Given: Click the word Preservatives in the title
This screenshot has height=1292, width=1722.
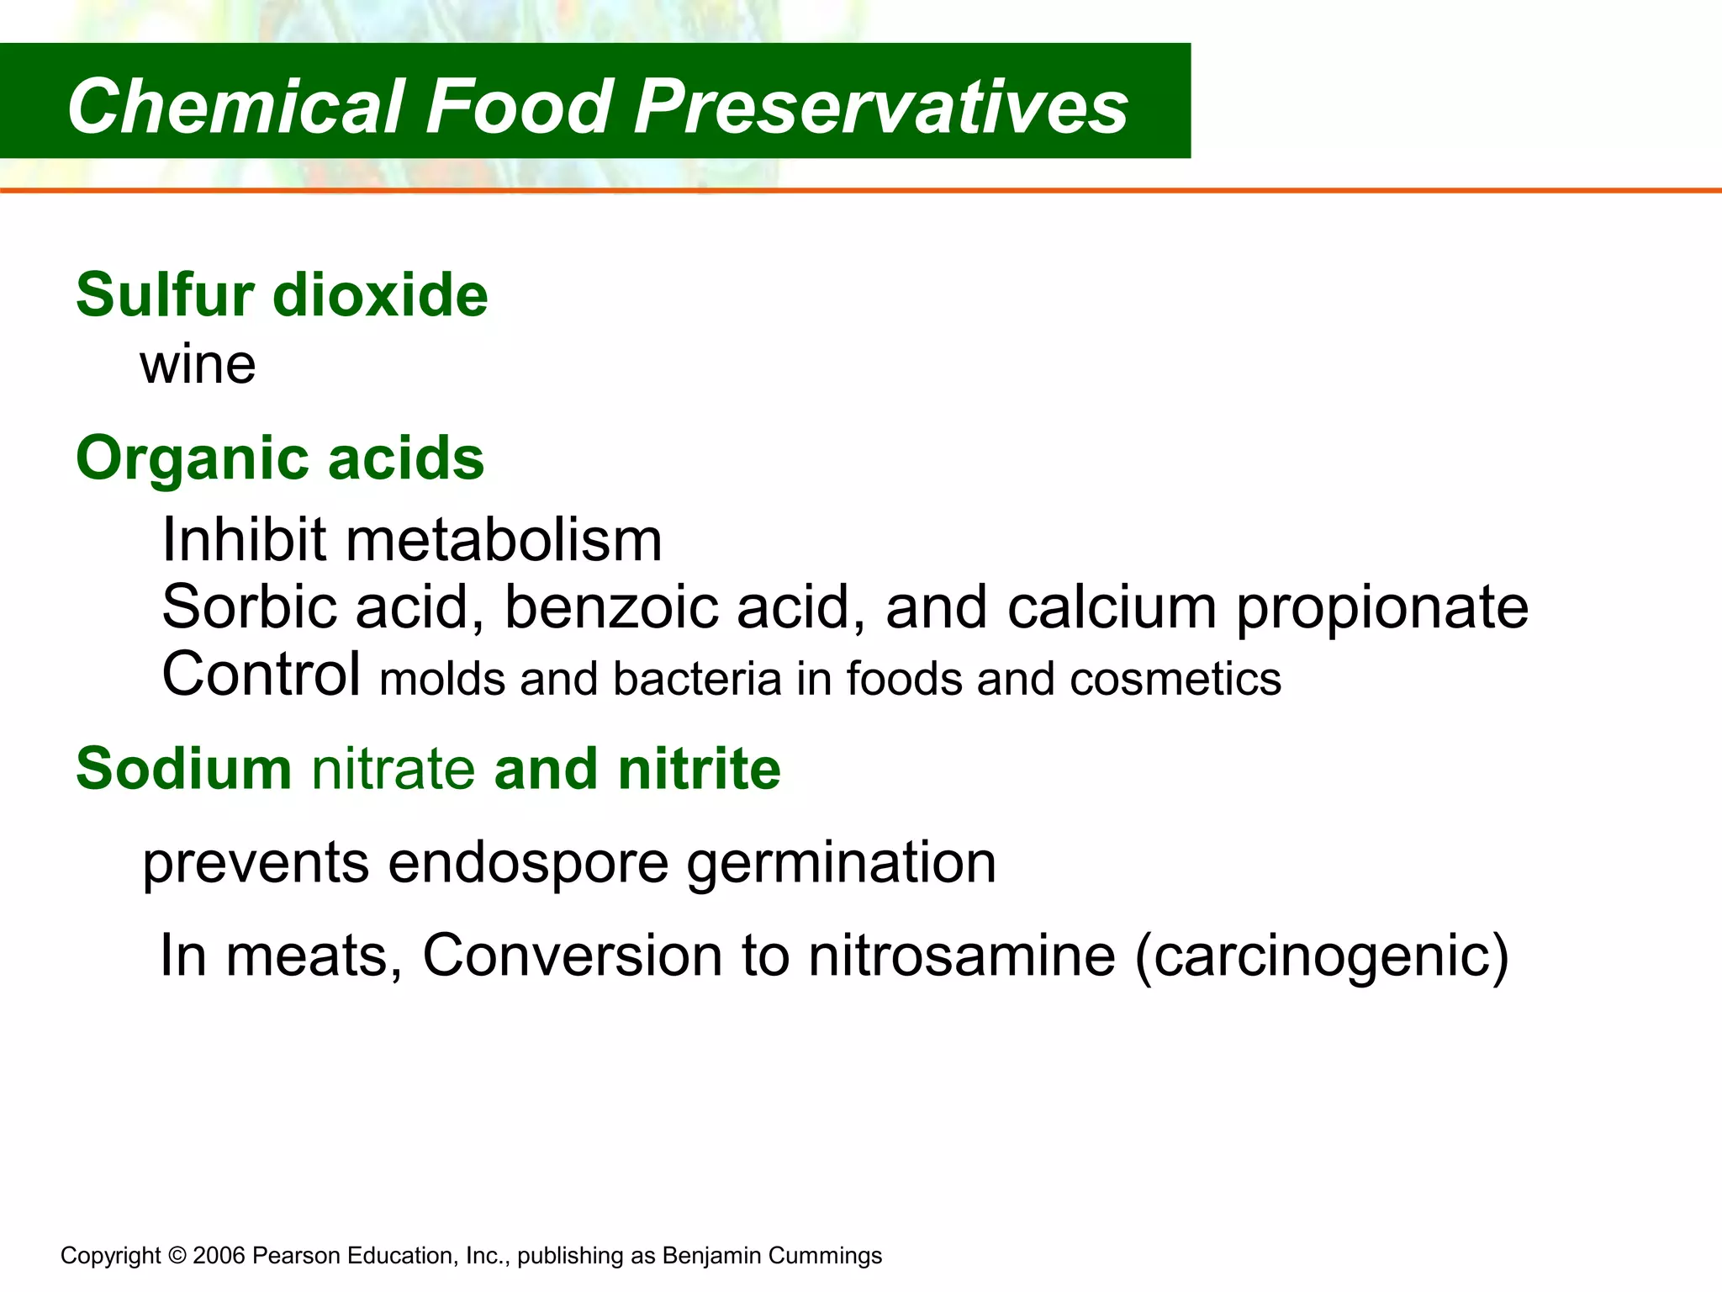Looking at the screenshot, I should point(880,106).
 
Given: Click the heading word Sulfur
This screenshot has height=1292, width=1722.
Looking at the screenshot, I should point(165,295).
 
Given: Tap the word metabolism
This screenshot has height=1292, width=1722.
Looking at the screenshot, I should point(504,539).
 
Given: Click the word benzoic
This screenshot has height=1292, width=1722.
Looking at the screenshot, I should point(611,606).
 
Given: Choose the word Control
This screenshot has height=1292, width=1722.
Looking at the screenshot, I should point(261,675).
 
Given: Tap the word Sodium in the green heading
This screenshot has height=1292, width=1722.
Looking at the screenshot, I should point(183,769).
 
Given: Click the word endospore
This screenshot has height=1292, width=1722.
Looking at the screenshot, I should point(528,864).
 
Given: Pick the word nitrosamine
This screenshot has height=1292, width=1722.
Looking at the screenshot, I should point(962,956).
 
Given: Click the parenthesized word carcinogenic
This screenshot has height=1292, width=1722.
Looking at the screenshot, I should point(1322,957).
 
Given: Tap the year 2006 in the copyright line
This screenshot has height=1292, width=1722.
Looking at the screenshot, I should point(219,1256).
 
